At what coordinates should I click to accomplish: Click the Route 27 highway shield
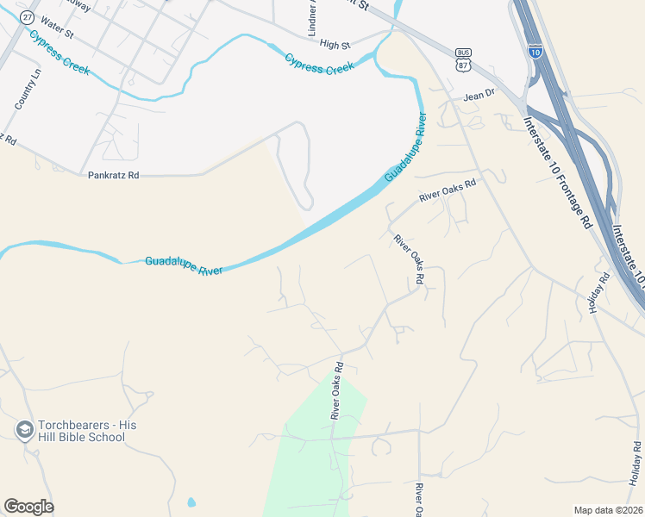[x=28, y=17]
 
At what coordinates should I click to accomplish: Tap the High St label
[x=335, y=44]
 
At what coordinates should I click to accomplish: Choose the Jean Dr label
[x=479, y=95]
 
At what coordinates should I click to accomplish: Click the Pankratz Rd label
[x=113, y=175]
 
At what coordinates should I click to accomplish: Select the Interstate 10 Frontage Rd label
[x=557, y=171]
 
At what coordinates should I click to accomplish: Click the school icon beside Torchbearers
[x=24, y=428]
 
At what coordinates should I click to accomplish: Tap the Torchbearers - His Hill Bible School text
[x=81, y=432]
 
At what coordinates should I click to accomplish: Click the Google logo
[x=28, y=507]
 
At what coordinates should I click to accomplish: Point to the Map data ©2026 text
[x=607, y=510]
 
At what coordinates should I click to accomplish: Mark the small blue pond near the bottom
[x=191, y=501]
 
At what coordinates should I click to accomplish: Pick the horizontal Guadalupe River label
[x=184, y=265]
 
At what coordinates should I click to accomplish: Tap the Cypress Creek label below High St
[x=320, y=63]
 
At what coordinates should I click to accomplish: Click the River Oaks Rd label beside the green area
[x=337, y=390]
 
